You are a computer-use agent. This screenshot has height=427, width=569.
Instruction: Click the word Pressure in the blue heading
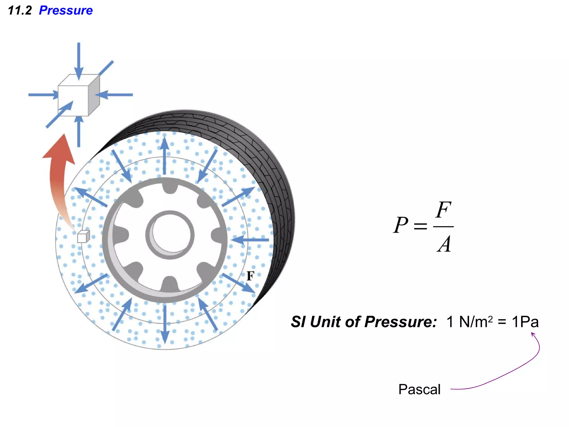[66, 10]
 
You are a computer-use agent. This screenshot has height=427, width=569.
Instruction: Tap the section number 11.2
[20, 10]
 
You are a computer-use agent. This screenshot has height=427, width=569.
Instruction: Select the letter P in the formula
[400, 225]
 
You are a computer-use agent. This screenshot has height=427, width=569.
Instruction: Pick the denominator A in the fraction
[444, 244]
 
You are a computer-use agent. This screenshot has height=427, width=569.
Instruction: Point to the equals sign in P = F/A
[420, 226]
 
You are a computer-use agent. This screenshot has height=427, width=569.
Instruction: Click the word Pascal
[419, 389]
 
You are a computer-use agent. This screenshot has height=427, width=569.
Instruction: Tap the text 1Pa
[525, 322]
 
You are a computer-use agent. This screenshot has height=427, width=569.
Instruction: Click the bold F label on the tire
[250, 276]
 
